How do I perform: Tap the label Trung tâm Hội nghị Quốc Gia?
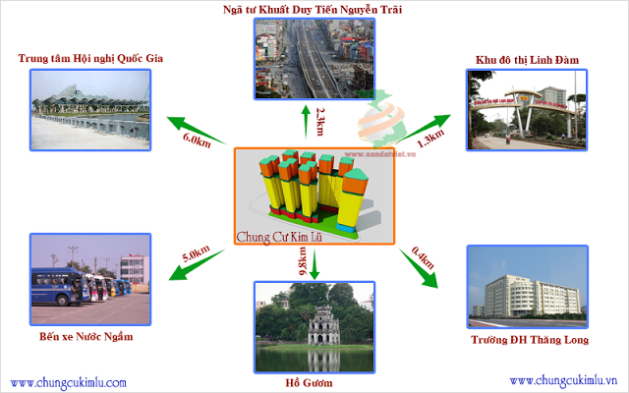click(x=90, y=58)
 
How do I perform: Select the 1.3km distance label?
click(x=430, y=140)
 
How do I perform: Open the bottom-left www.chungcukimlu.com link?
click(x=69, y=382)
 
